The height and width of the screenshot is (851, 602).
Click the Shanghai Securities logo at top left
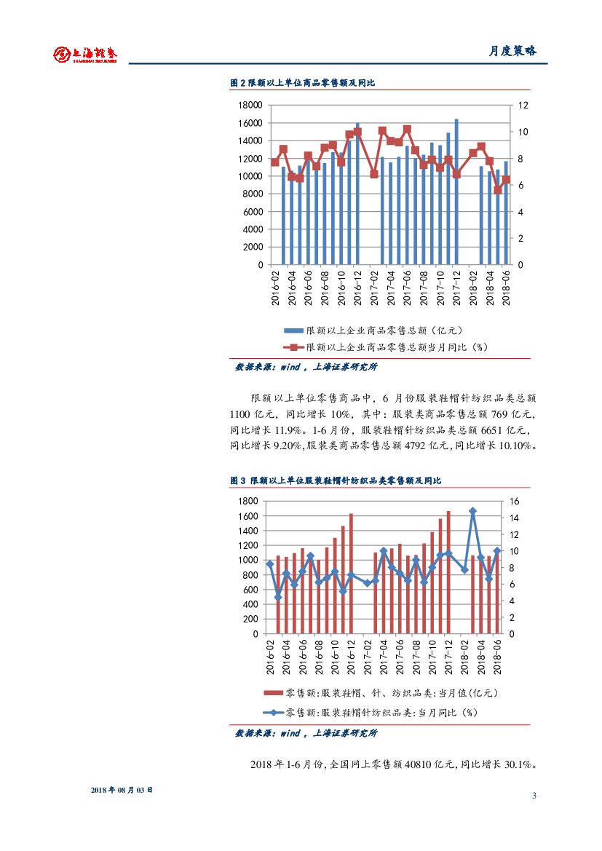tap(85, 54)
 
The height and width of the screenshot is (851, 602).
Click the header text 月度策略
tap(512, 51)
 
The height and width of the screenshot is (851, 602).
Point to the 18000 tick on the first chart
tap(251, 106)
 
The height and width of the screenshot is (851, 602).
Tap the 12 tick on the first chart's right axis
tap(522, 106)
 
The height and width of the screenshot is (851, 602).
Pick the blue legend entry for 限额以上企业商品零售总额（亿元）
tap(379, 330)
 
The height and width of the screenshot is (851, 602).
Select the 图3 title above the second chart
tap(336, 480)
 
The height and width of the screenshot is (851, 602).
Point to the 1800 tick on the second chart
tap(249, 502)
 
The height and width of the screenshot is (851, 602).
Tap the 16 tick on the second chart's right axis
tap(513, 502)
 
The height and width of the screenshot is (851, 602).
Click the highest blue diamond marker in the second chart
tap(472, 512)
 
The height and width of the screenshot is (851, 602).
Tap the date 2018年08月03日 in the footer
tap(122, 790)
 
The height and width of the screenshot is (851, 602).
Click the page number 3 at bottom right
tap(534, 796)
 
